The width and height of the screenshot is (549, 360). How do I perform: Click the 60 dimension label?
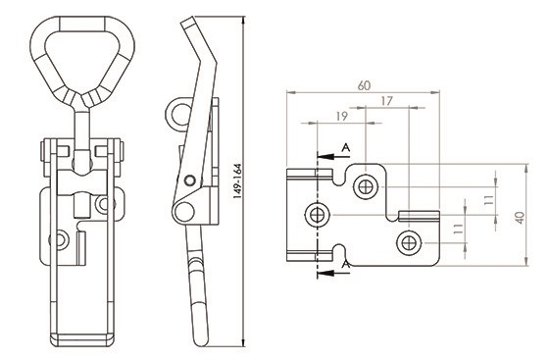tap(364, 85)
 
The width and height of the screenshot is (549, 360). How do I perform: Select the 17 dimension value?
tap(386, 101)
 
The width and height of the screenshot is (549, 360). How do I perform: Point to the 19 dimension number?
tap(342, 117)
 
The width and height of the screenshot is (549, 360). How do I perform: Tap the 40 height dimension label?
tap(521, 218)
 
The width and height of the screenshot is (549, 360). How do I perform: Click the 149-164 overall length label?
tap(237, 181)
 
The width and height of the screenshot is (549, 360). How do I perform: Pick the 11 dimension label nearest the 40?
tap(489, 200)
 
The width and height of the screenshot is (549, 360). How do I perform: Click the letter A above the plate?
tap(345, 148)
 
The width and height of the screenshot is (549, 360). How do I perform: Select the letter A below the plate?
tap(345, 265)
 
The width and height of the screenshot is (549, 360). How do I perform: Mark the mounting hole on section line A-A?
tap(318, 215)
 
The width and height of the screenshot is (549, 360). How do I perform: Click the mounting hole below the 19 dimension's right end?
tap(366, 186)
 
